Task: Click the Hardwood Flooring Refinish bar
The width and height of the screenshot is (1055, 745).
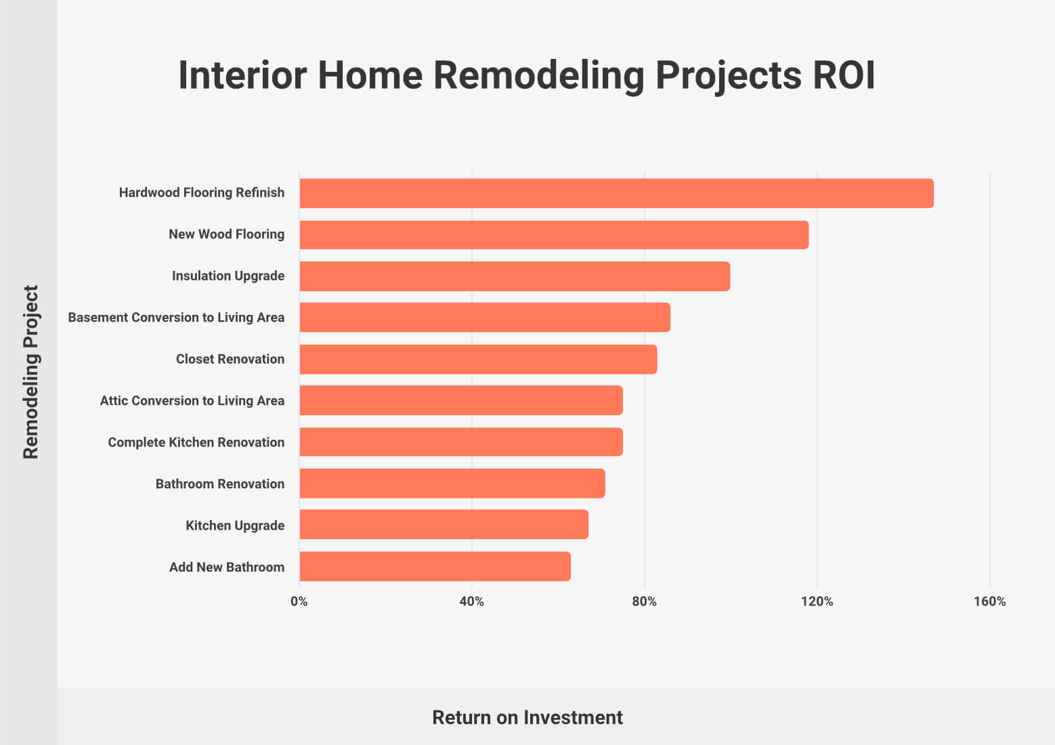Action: pos(616,193)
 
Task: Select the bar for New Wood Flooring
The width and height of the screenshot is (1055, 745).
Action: pos(555,234)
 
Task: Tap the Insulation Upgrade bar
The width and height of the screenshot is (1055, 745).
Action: pos(515,276)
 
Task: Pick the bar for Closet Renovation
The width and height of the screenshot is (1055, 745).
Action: pos(479,360)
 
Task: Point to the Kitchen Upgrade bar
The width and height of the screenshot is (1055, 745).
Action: pos(444,524)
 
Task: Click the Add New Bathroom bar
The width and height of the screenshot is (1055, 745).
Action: pos(435,566)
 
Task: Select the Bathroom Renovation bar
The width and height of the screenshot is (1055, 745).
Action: pos(452,483)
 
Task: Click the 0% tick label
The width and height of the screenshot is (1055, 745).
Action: pos(299,601)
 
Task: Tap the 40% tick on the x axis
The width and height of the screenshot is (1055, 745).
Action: pos(472,601)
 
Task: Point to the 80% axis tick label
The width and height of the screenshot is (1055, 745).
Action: pos(644,601)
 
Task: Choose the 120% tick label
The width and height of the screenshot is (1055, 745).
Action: pos(817,601)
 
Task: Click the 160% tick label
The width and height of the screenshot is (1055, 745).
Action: pos(990,601)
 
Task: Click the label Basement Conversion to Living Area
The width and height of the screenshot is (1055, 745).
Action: pos(176,318)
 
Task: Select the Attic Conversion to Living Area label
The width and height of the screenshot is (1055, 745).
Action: pos(192,401)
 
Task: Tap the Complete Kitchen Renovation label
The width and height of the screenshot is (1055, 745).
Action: pos(196,442)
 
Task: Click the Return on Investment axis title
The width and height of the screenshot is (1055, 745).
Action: pos(527,718)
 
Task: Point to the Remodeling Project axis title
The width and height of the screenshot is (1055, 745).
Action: pos(30,372)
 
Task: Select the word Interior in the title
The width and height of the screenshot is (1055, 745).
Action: pos(242,75)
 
